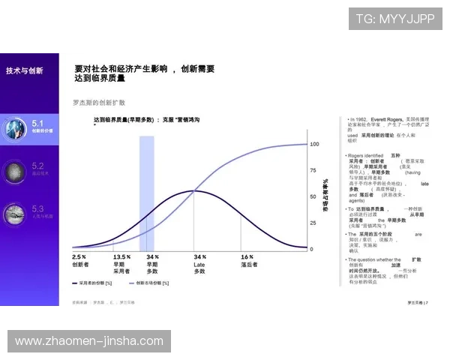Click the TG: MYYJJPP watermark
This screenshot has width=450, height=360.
(395, 19)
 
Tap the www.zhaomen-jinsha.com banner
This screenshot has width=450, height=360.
(89, 341)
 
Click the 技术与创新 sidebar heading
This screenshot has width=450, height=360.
(25, 70)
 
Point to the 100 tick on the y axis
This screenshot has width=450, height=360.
(315, 143)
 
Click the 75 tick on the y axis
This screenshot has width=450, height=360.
(313, 170)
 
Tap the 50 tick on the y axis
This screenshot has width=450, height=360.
(313, 196)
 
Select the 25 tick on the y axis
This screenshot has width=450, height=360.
(313, 223)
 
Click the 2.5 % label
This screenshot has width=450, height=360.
(79, 256)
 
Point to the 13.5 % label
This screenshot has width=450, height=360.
(121, 256)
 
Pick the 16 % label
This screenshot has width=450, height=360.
(247, 256)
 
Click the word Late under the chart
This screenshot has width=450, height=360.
(199, 264)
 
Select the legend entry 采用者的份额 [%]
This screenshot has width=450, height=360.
(96, 283)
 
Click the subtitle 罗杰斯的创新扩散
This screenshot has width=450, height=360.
(98, 102)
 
